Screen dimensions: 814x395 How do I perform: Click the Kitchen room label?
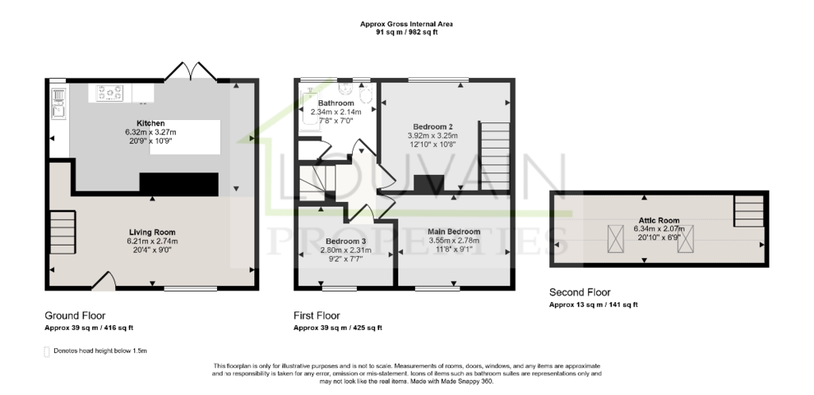150,123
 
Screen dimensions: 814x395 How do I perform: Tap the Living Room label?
152,233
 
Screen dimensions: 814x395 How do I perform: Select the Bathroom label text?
336,103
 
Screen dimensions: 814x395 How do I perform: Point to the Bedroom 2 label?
433,126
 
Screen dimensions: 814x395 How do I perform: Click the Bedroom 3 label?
346,242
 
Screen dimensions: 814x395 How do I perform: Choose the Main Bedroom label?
454,231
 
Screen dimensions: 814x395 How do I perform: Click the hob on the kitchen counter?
110,93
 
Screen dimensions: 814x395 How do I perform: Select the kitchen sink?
59,110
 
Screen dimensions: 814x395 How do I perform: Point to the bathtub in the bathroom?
307,108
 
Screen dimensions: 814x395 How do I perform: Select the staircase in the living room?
63,232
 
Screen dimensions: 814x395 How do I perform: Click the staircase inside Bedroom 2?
494,156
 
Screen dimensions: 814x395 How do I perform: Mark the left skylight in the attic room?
616,238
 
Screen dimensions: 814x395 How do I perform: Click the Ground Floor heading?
75,316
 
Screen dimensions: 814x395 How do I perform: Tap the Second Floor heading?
579,292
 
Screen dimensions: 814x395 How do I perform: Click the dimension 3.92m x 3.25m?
433,136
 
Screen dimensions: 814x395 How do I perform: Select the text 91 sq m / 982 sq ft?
407,32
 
